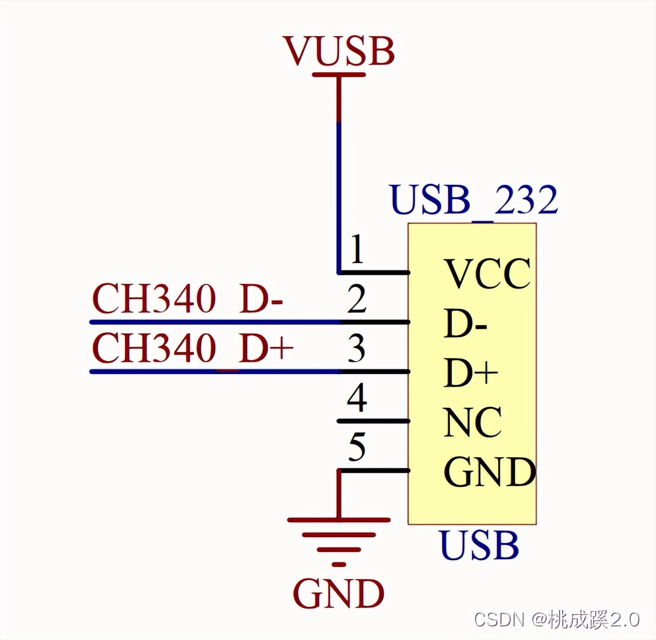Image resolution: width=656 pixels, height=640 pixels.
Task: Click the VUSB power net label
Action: pos(339,51)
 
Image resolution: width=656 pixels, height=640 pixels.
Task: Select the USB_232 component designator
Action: pos(474,200)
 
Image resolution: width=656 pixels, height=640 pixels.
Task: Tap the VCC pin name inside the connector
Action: pos(487,274)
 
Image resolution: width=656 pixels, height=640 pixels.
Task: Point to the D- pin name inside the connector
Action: pos(465,324)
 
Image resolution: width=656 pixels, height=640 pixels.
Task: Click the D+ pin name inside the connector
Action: pos(470,373)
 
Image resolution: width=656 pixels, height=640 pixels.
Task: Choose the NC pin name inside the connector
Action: pos(472,422)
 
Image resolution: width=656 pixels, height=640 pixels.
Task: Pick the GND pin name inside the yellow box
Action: pos(489,472)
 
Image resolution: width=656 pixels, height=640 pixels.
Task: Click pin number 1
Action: pos(356,250)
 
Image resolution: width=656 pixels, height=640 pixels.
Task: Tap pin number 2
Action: pos(356,299)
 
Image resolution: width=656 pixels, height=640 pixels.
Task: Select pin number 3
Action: pos(356,348)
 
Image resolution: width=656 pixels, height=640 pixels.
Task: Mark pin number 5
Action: pos(357,447)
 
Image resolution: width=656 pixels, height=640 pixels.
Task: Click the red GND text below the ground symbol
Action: pos(339,594)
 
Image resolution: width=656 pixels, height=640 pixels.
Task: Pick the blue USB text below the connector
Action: pos(479,546)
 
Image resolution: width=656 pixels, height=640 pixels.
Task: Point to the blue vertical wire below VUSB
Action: pos(339,196)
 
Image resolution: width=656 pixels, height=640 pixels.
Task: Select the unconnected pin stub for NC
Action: pos(372,421)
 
